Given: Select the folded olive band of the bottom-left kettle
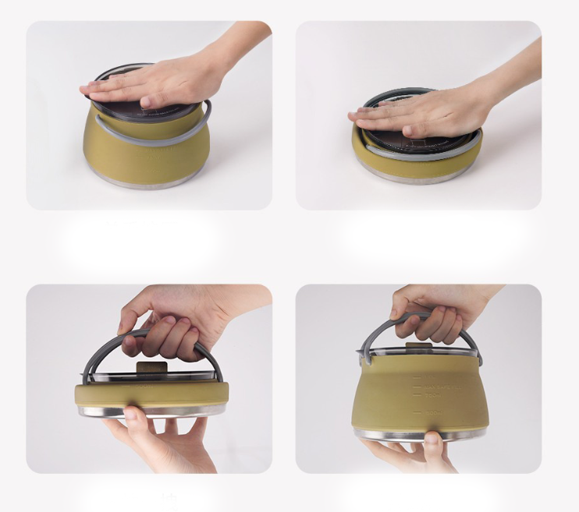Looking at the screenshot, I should click(x=148, y=394).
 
